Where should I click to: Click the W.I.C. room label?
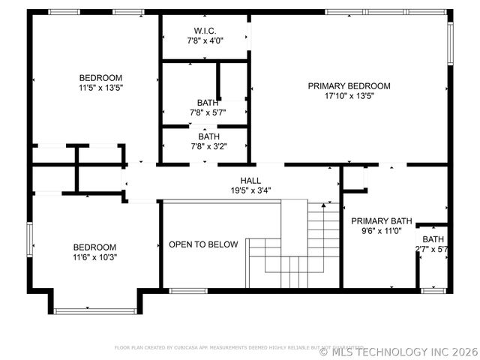205,31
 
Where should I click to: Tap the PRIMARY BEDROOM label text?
349,86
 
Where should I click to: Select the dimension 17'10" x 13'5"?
349,96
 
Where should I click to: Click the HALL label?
250,181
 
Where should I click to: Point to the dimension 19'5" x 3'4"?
250,190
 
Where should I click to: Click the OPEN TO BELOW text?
203,244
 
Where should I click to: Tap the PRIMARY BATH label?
382,221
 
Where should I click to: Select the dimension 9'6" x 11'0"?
382,231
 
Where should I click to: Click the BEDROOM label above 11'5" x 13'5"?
100,78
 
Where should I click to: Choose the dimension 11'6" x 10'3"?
94,257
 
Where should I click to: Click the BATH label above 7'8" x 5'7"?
208,103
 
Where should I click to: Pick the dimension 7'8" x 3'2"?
208,147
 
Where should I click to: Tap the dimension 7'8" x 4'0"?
205,40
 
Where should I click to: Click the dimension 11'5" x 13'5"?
100,88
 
